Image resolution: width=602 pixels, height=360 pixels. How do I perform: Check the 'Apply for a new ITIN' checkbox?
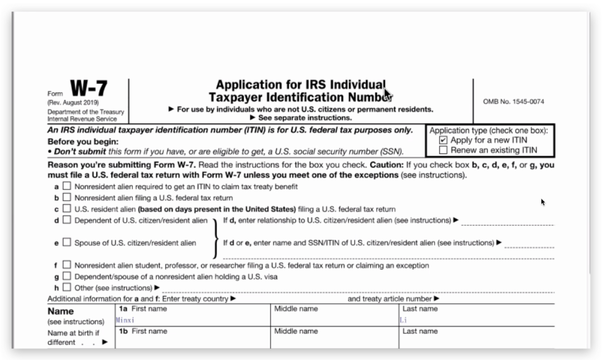[443, 140]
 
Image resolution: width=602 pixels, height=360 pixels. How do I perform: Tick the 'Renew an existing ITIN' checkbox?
[443, 150]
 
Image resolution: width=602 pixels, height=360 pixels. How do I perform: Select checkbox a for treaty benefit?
[67, 186]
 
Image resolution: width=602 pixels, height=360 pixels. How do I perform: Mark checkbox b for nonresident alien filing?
[67, 197]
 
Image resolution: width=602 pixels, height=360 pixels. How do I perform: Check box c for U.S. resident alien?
[67, 209]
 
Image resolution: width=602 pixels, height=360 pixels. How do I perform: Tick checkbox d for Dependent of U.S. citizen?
[67, 220]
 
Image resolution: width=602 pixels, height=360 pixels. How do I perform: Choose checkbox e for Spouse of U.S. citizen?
[67, 242]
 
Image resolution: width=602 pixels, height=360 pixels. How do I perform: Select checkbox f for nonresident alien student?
[67, 265]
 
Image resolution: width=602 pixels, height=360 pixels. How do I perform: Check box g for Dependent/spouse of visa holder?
[67, 276]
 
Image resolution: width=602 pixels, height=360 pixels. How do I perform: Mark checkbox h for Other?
[67, 288]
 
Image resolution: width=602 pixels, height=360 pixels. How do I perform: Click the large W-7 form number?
[89, 89]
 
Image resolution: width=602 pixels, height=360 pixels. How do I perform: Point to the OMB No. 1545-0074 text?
[513, 101]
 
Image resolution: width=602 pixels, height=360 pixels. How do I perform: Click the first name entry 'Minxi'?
[125, 320]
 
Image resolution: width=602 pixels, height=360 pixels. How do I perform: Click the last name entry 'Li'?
[404, 320]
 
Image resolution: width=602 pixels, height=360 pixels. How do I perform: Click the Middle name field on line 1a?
[334, 320]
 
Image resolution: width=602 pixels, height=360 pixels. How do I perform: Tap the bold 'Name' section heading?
[60, 311]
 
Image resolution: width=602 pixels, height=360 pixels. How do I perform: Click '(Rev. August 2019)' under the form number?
[72, 103]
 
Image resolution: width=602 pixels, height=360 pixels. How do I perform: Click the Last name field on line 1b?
[477, 341]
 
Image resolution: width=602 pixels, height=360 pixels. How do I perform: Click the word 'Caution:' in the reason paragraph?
[387, 165]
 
